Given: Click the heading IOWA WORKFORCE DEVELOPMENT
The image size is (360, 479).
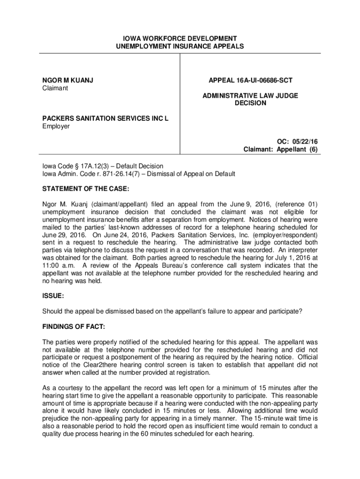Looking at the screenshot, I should click(180, 38).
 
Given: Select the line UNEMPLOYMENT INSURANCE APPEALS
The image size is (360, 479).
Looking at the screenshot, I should click(180, 47).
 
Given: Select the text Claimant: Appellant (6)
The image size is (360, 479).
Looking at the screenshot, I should click(281, 150).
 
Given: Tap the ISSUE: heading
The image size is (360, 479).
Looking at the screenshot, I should click(53, 296).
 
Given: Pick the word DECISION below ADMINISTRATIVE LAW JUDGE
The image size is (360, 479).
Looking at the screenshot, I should click(250, 103).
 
